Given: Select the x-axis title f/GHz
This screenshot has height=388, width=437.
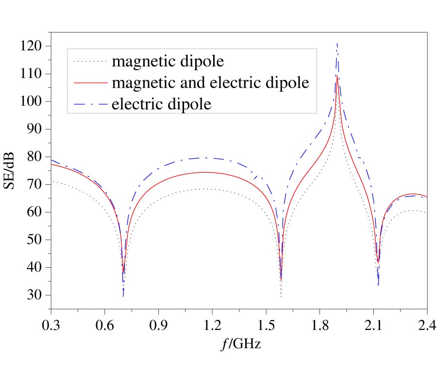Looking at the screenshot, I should (x=239, y=345).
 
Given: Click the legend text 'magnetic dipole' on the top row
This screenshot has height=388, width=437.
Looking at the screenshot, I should (x=168, y=62).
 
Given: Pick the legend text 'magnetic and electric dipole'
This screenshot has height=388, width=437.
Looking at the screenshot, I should (x=210, y=82).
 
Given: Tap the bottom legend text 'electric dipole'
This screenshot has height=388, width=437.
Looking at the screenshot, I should (x=162, y=103).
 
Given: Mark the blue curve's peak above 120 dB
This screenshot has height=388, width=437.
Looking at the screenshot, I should (x=337, y=44).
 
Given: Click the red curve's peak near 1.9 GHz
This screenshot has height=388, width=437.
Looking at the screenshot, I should (x=337, y=75).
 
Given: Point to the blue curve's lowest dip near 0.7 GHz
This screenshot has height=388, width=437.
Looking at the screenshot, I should (x=123, y=296).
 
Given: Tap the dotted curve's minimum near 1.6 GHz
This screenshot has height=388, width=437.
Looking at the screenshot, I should (x=281, y=296).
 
